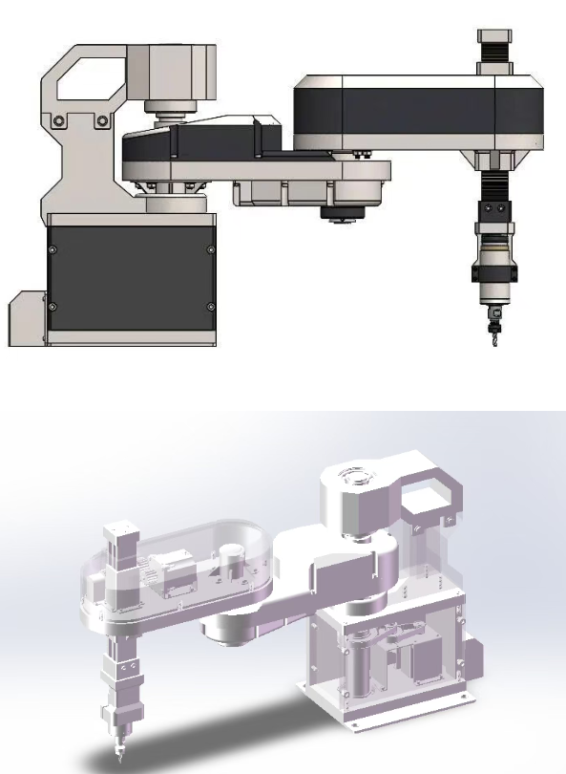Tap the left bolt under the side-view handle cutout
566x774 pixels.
point(60,120)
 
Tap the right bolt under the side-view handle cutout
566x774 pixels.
point(99,120)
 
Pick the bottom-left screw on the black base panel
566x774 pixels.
point(52,306)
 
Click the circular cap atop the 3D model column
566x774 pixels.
point(356,478)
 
